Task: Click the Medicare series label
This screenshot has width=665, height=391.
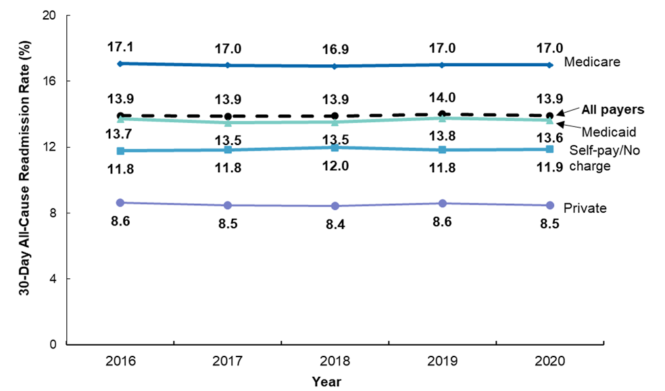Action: pyautogui.click(x=592, y=62)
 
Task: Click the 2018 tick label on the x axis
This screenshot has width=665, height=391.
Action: pyautogui.click(x=335, y=362)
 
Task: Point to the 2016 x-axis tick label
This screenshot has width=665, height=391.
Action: pyautogui.click(x=120, y=362)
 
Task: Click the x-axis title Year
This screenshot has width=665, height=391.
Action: pyautogui.click(x=326, y=382)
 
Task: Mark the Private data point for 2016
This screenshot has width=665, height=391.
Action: pyautogui.click(x=120, y=203)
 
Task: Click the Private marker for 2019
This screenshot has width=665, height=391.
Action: pyautogui.click(x=443, y=203)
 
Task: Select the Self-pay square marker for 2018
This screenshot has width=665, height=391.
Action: pyautogui.click(x=335, y=147)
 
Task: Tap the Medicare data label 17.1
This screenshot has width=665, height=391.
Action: pyautogui.click(x=120, y=48)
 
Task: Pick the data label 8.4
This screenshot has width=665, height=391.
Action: pyautogui.click(x=335, y=225)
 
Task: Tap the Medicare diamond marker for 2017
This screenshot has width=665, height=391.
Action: pyautogui.click(x=228, y=65)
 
